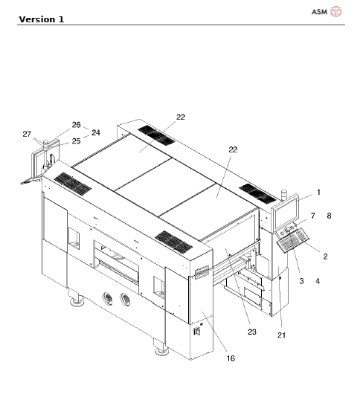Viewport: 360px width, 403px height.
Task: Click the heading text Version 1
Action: (42, 19)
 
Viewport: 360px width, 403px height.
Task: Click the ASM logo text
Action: (319, 12)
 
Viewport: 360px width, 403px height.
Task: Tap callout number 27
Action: (27, 134)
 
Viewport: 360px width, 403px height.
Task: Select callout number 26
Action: (77, 125)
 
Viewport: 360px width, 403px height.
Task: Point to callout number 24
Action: (96, 132)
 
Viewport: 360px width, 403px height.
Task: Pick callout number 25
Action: (77, 141)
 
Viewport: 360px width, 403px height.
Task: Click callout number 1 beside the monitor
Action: (319, 192)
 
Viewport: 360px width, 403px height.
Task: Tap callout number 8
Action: (330, 216)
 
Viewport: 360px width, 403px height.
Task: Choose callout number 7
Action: (313, 216)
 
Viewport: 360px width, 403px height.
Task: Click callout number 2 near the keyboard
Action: (326, 257)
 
